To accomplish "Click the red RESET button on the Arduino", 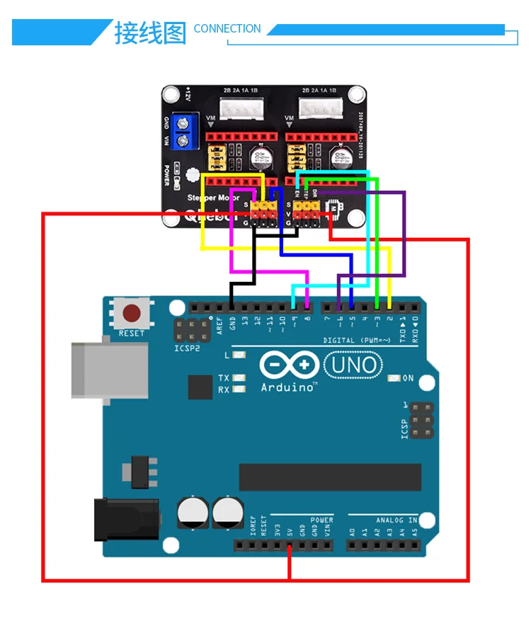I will point(132,313).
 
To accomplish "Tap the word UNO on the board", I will point(353,366).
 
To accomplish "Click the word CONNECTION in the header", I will point(227,29).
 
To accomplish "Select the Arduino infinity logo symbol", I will point(287,365).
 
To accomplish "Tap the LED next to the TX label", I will point(239,377).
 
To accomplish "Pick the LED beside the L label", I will point(239,355).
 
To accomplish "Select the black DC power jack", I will point(126,520).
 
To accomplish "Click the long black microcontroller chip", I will point(330,477).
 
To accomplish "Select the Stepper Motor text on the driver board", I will point(215,198).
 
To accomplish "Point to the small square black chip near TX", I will point(200,387).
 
